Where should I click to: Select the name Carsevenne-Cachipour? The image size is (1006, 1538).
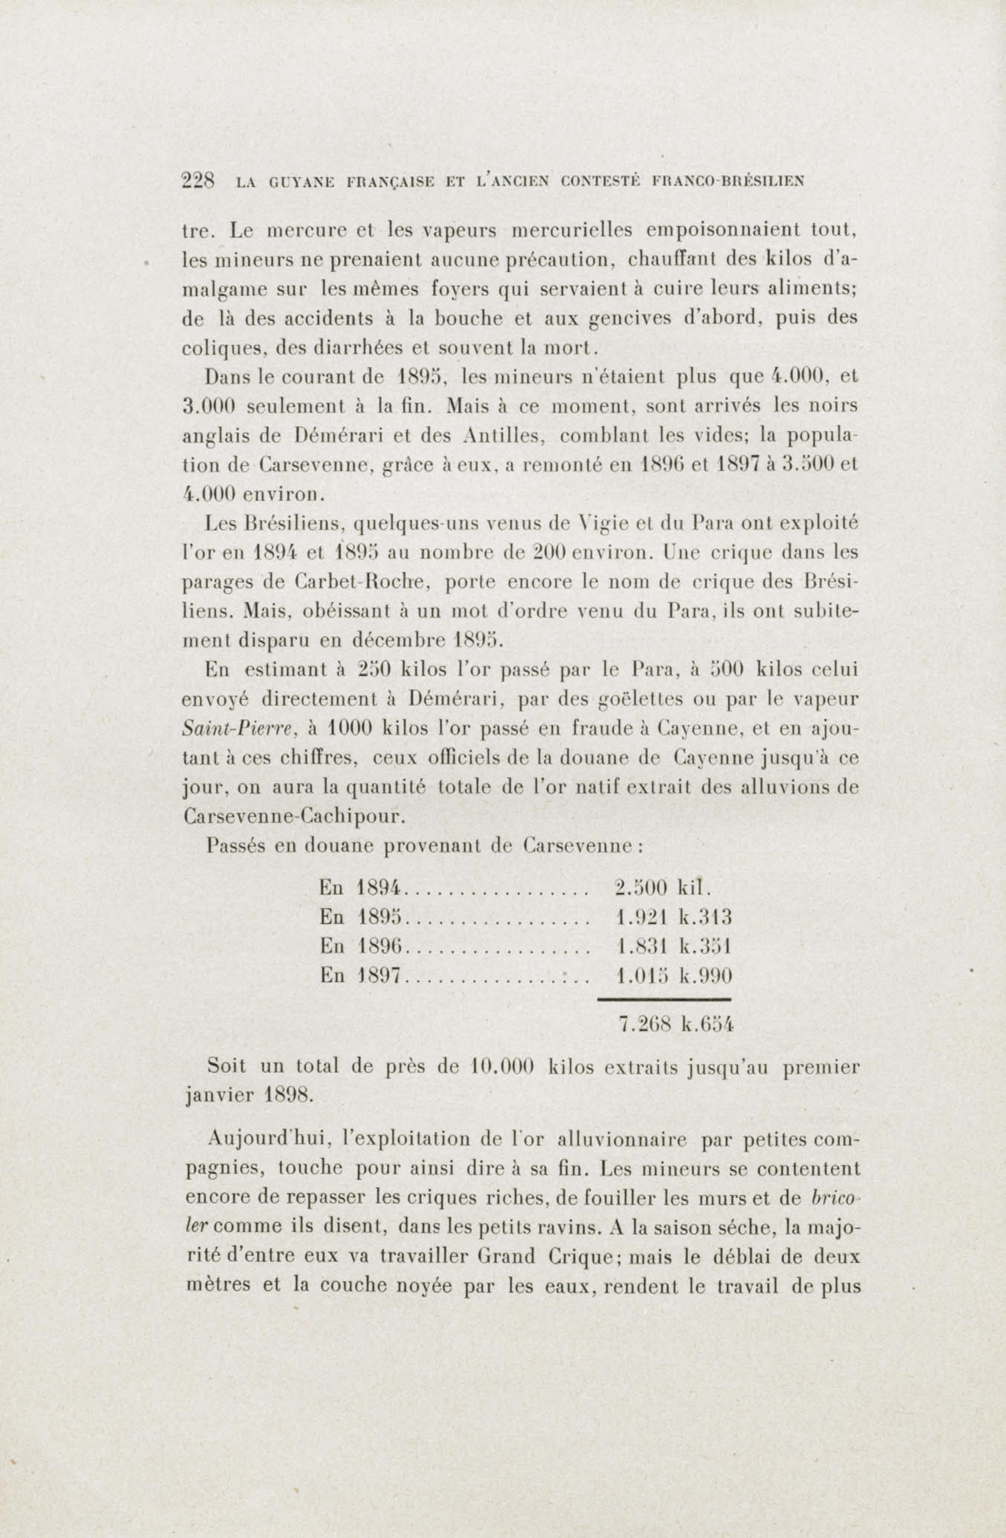[x=295, y=817]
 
